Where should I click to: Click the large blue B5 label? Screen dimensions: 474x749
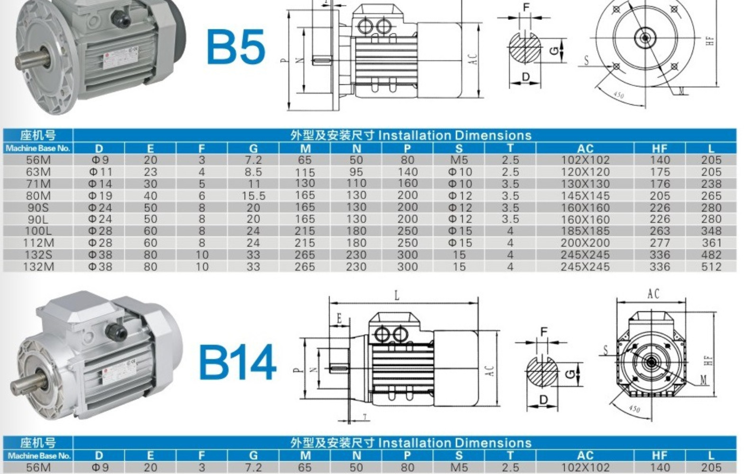pos(236,47)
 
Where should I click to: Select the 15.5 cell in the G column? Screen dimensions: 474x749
pos(253,196)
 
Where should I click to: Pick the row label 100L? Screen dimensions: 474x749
pos(38,231)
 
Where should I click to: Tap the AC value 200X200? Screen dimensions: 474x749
pos(585,243)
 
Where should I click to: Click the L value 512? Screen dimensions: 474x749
pos(711,267)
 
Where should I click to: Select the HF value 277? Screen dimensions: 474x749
pos(659,243)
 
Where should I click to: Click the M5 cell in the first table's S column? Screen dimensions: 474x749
pos(458,160)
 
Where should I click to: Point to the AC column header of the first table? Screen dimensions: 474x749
pos(585,148)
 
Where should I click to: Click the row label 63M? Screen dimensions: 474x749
pos(38,172)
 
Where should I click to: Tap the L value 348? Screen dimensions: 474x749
pos(711,231)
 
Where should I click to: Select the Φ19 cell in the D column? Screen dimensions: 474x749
pos(99,196)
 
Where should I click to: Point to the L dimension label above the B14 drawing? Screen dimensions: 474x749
pos(397,296)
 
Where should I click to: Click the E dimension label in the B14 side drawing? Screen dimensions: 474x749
pos(339,319)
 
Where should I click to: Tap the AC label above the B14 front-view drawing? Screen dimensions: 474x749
pos(653,294)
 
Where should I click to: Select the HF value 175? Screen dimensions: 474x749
pos(659,172)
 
